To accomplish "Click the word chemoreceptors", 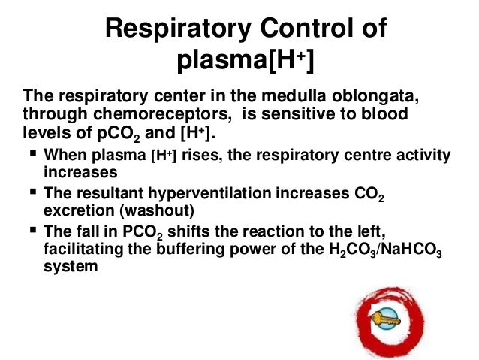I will coord(137,116).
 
